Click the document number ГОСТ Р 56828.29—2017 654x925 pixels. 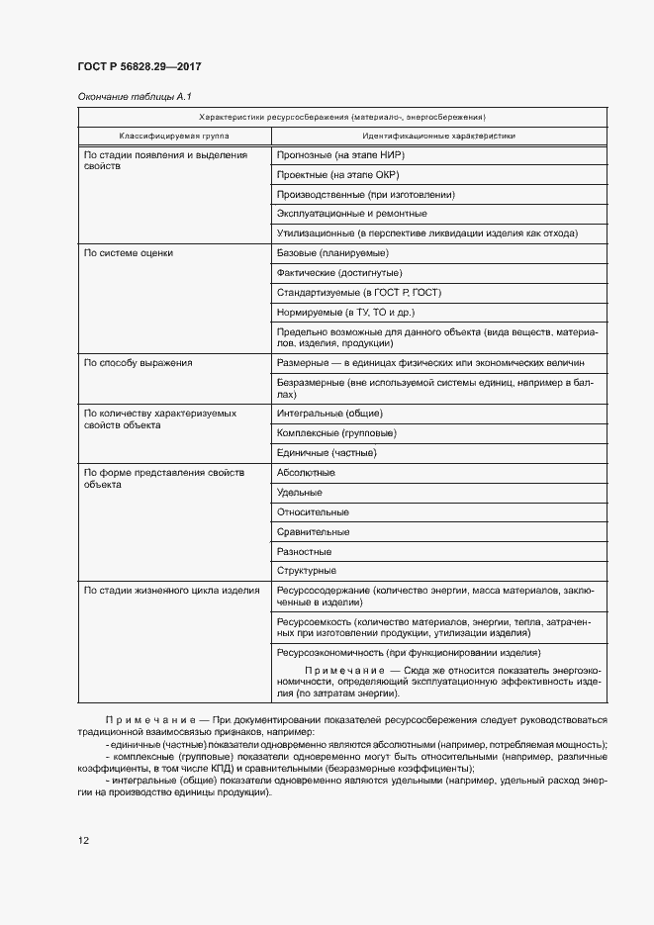(140, 66)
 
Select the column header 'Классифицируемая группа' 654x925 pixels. (174, 136)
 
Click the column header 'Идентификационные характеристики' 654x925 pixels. (438, 136)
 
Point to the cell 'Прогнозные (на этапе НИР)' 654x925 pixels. (341, 155)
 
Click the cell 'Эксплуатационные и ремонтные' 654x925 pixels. (352, 214)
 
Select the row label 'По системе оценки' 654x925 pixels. (129, 253)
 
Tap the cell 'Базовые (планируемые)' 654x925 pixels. (332, 253)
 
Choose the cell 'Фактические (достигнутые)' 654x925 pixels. (340, 273)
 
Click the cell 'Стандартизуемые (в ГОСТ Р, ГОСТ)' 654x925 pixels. (359, 293)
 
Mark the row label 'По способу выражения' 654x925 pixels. (139, 363)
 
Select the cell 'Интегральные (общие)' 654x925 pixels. (329, 414)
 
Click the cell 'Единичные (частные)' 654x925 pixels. (327, 453)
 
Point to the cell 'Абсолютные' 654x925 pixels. (306, 473)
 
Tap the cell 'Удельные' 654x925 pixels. (300, 493)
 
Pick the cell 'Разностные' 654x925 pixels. (304, 551)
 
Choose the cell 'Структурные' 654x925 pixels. (307, 571)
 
